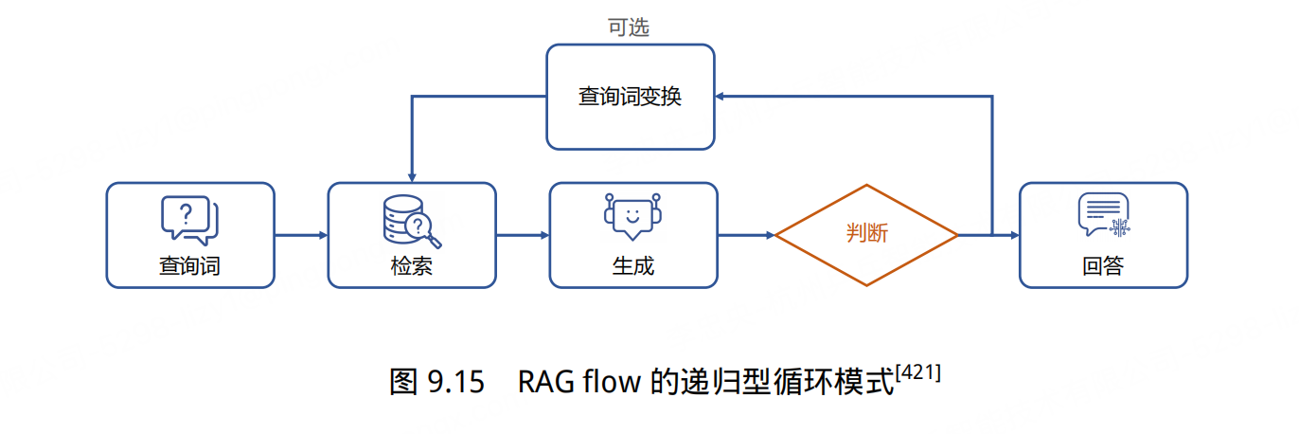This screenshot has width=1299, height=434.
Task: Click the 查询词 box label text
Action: pyautogui.click(x=189, y=265)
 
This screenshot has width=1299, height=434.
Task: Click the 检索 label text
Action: pyautogui.click(x=411, y=265)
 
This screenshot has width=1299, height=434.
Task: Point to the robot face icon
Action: pyautogui.click(x=632, y=215)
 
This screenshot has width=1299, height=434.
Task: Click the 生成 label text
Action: pyautogui.click(x=632, y=265)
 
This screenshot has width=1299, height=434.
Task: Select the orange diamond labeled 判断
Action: pyautogui.click(x=866, y=234)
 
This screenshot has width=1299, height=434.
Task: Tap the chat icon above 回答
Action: pyautogui.click(x=1103, y=215)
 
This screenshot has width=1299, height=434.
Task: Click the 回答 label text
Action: pyautogui.click(x=1103, y=265)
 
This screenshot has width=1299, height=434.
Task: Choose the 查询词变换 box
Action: pyautogui.click(x=631, y=97)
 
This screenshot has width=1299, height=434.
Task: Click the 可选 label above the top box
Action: pyautogui.click(x=629, y=27)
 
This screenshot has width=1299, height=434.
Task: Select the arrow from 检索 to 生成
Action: pyautogui.click(x=522, y=234)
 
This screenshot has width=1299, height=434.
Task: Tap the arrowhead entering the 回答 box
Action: pyautogui.click(x=1012, y=234)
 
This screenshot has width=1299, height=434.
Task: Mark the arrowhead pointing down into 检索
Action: pyautogui.click(x=411, y=176)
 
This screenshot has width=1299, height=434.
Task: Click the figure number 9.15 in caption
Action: pyautogui.click(x=456, y=382)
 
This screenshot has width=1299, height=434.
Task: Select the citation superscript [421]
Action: pyautogui.click(x=917, y=373)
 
